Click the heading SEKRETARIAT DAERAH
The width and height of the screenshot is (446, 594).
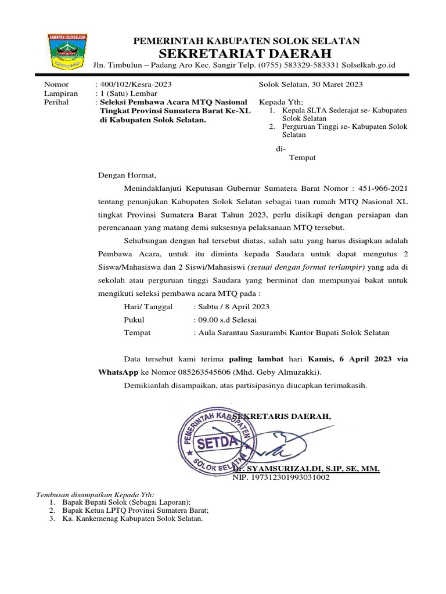pos(246,53)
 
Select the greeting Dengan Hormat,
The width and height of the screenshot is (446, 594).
pos(127,173)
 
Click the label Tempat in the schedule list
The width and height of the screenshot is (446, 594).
pos(138,332)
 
